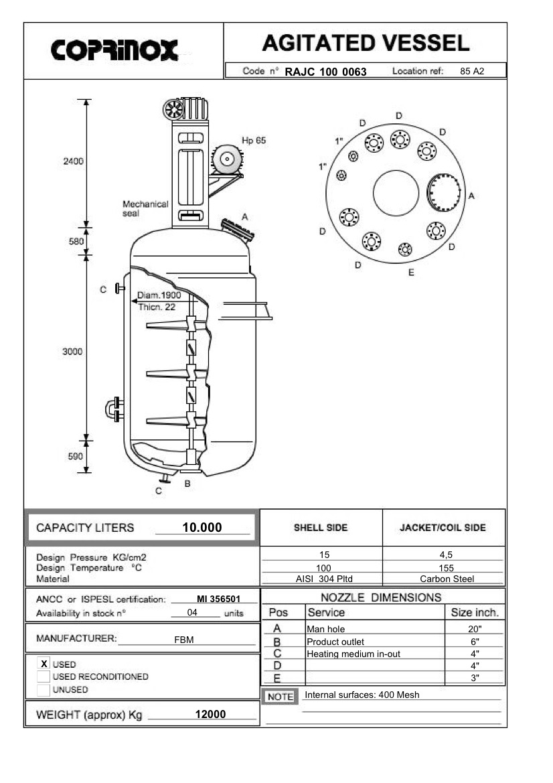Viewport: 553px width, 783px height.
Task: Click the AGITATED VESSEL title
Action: tap(365, 44)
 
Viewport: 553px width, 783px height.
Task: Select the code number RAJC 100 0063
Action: tap(326, 72)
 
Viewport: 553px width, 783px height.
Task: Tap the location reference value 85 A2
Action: tap(472, 71)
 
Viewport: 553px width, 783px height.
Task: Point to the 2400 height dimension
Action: tap(73, 161)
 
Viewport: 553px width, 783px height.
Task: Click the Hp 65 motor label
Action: tap(254, 141)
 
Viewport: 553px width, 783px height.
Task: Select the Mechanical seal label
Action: tap(145, 209)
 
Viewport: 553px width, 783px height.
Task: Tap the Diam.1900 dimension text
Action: tap(159, 295)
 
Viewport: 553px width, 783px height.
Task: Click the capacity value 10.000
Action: tap(202, 528)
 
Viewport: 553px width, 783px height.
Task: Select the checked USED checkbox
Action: tap(44, 663)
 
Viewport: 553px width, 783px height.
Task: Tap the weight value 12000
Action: tap(210, 714)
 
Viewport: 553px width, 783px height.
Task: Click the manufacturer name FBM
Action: tap(183, 640)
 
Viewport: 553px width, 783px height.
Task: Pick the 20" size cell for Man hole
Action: tap(475, 629)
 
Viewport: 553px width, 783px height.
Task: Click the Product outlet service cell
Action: tap(335, 642)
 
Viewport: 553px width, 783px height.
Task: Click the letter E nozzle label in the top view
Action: tap(411, 273)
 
